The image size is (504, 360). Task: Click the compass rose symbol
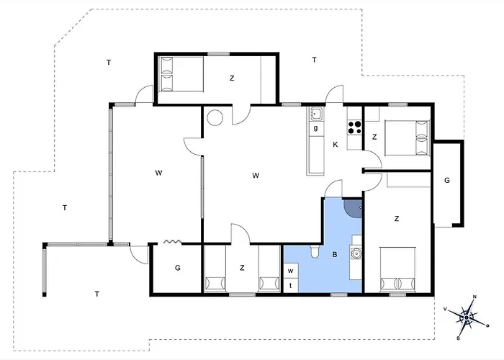pyautogui.click(x=467, y=318)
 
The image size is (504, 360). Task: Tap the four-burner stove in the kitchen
pyautogui.click(x=354, y=127)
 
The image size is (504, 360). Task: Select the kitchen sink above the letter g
pyautogui.click(x=316, y=114)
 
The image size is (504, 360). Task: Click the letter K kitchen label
pyautogui.click(x=336, y=145)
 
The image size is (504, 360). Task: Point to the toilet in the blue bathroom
pyautogui.click(x=315, y=252)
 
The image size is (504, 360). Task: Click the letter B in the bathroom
pyautogui.click(x=335, y=255)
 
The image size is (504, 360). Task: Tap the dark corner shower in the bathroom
pyautogui.click(x=353, y=208)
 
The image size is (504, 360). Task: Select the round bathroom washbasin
pyautogui.click(x=356, y=253)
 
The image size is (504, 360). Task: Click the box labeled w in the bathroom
pyautogui.click(x=291, y=271)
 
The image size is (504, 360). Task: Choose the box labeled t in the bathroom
pyautogui.click(x=291, y=286)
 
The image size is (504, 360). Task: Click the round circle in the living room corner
pyautogui.click(x=215, y=117)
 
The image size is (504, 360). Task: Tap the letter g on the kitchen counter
pyautogui.click(x=316, y=128)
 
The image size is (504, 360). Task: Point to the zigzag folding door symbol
pyautogui.click(x=173, y=241)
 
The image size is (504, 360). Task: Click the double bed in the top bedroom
pyautogui.click(x=181, y=74)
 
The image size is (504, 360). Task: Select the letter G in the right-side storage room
pyautogui.click(x=447, y=180)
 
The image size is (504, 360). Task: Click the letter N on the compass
pyautogui.click(x=474, y=297)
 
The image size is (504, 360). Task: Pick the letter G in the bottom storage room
pyautogui.click(x=177, y=267)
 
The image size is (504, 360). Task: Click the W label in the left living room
pyautogui.click(x=158, y=173)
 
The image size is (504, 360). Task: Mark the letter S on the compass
pyautogui.click(x=459, y=338)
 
